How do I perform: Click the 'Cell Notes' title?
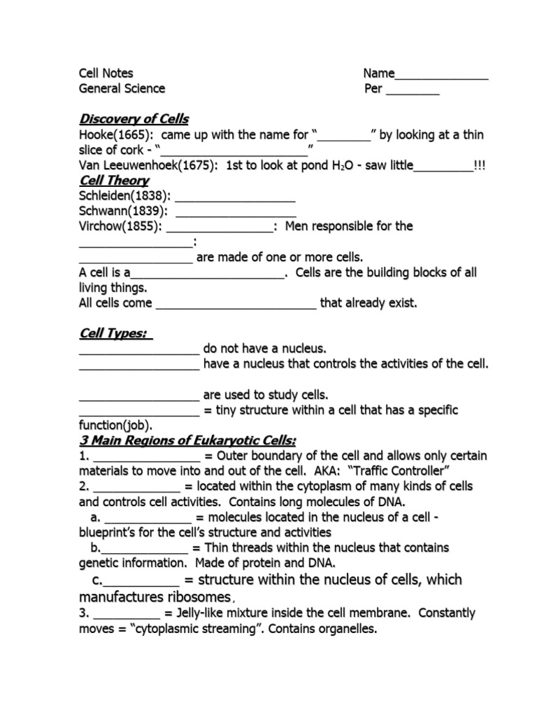click(106, 74)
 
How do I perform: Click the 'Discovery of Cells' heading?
click(134, 119)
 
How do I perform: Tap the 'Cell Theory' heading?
click(114, 181)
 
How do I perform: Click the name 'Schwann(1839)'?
click(122, 211)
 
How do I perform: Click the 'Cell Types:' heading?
click(115, 333)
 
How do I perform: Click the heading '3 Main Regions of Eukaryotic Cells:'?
click(187, 440)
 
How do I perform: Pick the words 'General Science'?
click(122, 89)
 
